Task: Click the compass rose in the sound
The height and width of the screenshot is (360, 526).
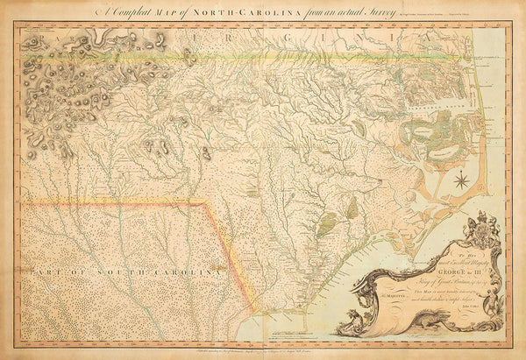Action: click(x=460, y=181)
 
